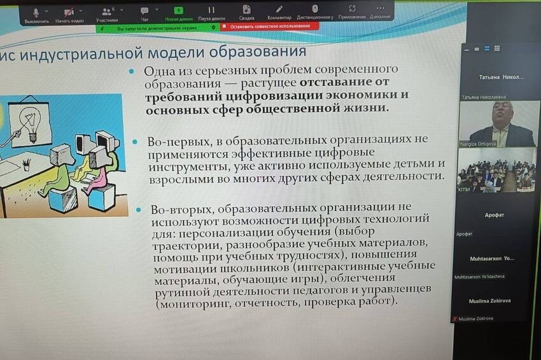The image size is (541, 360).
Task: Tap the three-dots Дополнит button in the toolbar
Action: pyautogui.click(x=380, y=11)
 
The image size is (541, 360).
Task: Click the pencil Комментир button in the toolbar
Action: pyautogui.click(x=279, y=11)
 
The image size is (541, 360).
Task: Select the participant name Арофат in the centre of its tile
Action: pyautogui.click(x=494, y=215)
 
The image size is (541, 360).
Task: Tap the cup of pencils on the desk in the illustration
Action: pyautogui.click(x=26, y=163)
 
